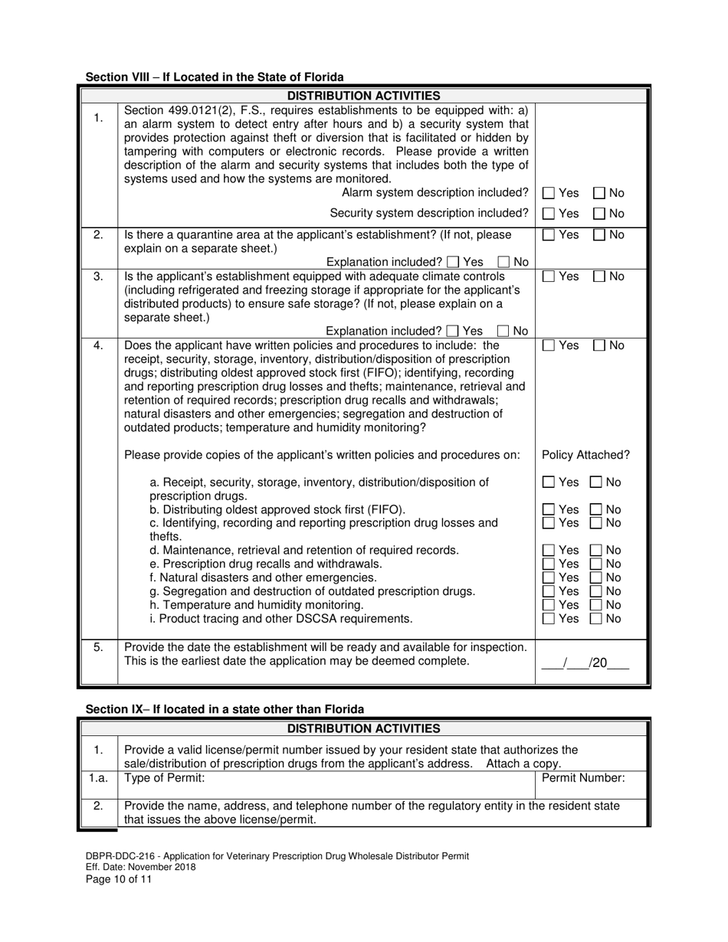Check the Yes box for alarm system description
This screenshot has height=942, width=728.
coord(549,193)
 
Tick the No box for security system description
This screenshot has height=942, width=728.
coord(599,213)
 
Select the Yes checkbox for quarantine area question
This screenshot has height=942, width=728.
coord(549,235)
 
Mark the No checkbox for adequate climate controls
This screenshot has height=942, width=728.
coord(599,276)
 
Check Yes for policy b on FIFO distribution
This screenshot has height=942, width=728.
coord(549,510)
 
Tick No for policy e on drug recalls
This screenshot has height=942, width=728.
coord(595,564)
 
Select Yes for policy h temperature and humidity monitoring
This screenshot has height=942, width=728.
coord(549,605)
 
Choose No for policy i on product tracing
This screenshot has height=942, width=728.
coord(595,619)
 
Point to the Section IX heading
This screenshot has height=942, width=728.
coord(225,709)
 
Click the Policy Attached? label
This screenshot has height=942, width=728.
coord(585,455)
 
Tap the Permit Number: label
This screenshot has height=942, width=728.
coord(583,778)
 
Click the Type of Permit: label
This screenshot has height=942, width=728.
coord(164,778)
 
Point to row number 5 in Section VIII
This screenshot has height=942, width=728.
coord(98,647)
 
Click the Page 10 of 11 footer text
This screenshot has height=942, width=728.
coord(119,879)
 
